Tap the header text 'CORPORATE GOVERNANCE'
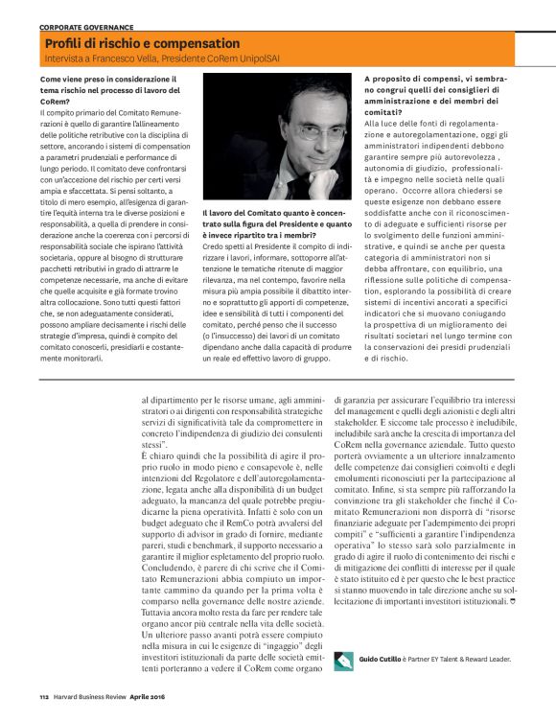pos(86,28)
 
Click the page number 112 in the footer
pos(44,697)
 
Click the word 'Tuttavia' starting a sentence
pos(159,610)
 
